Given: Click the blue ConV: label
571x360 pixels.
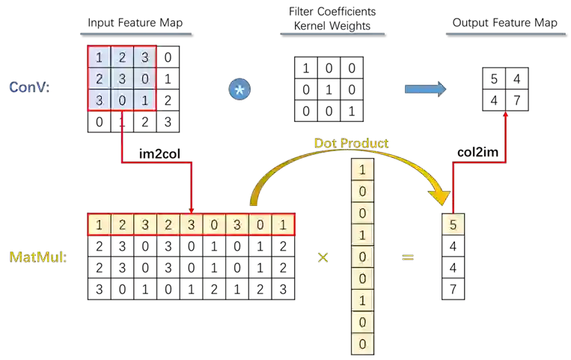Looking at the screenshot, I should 29,88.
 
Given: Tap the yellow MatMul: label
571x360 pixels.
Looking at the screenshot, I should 37,257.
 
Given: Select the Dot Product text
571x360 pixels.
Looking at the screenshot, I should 352,143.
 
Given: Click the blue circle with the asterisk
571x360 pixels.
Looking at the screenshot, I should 239,90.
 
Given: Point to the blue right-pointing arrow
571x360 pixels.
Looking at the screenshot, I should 424,89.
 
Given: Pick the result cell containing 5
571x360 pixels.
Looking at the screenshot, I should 453,225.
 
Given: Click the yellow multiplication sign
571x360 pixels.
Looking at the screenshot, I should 323,257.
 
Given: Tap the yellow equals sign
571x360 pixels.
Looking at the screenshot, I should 408,257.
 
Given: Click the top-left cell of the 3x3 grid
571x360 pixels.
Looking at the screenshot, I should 100,58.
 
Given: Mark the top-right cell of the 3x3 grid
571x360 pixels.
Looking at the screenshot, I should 144,58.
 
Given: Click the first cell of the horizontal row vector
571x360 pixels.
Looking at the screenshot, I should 99,225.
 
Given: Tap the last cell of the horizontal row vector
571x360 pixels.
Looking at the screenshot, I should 283,225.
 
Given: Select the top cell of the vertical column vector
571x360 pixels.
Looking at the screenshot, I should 362,170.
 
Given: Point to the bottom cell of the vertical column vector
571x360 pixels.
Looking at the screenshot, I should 362,344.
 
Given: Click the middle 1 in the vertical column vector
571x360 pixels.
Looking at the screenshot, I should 362,235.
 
